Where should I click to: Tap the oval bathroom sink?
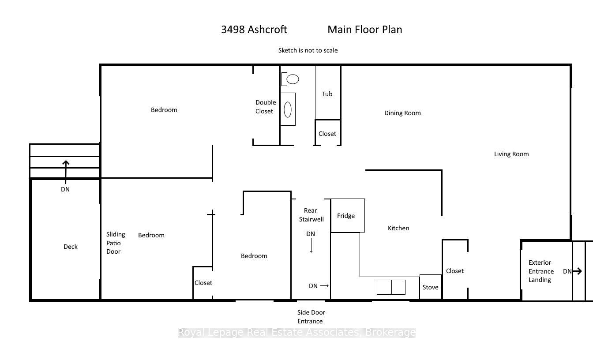click(288, 109)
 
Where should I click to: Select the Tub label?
click(327, 94)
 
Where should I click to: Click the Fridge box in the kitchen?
click(347, 216)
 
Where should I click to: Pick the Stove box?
click(430, 287)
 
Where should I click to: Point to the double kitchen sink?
click(391, 287)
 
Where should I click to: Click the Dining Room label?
click(402, 113)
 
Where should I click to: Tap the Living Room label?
click(511, 154)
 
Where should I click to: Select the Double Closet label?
click(265, 107)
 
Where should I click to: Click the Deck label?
click(70, 247)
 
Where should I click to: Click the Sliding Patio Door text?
click(116, 243)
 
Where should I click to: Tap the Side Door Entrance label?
click(311, 317)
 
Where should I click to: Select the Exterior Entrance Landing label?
click(540, 271)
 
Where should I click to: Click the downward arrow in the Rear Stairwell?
click(311, 246)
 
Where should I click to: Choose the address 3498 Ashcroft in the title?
click(254, 30)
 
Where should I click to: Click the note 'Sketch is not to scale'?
click(308, 50)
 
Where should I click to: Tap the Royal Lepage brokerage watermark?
click(296, 333)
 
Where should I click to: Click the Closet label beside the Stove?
click(454, 271)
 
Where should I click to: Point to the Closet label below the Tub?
click(327, 134)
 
